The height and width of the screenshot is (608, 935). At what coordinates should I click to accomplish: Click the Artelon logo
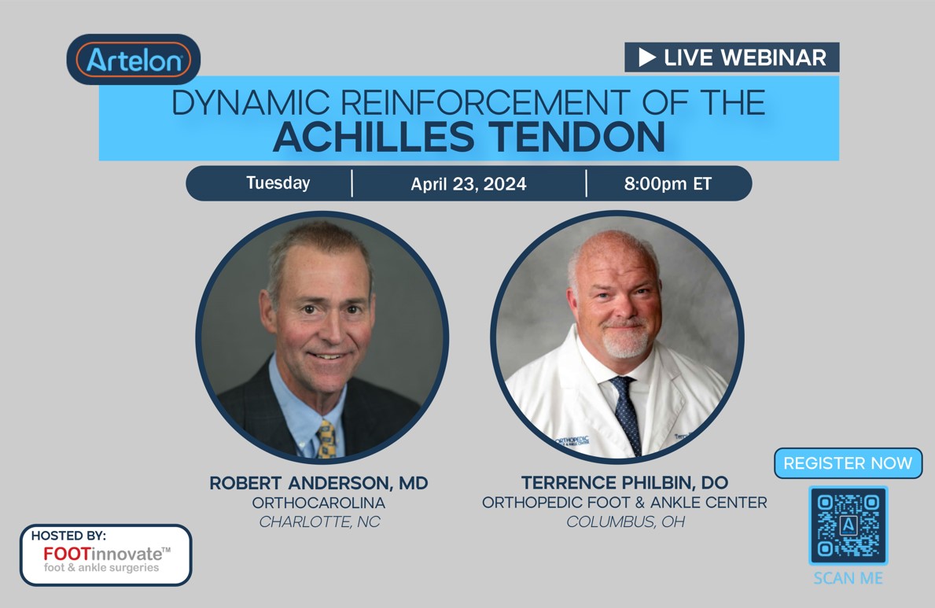(x=134, y=60)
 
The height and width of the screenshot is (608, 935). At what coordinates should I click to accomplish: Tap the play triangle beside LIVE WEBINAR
(x=646, y=57)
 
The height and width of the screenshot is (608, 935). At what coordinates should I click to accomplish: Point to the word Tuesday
(x=278, y=183)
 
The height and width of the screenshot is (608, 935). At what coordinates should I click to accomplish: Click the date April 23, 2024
(x=468, y=184)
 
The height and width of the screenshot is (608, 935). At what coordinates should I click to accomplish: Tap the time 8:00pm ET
(x=668, y=184)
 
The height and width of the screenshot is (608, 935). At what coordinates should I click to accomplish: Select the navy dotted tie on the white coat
(x=626, y=413)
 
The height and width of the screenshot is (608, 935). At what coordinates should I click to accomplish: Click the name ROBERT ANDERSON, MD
(x=318, y=483)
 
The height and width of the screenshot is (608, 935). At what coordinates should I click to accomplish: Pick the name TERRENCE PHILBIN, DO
(x=624, y=481)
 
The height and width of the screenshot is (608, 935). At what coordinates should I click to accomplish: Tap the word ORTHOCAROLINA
(x=318, y=503)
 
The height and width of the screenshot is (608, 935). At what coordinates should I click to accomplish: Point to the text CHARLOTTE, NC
(x=319, y=521)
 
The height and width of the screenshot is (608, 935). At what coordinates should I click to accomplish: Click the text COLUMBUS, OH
(x=625, y=521)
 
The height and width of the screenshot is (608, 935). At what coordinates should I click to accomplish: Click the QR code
(x=848, y=525)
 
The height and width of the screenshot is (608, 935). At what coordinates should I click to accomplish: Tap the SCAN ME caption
(x=848, y=578)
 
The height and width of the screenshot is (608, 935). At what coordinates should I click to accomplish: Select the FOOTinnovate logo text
(x=106, y=553)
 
